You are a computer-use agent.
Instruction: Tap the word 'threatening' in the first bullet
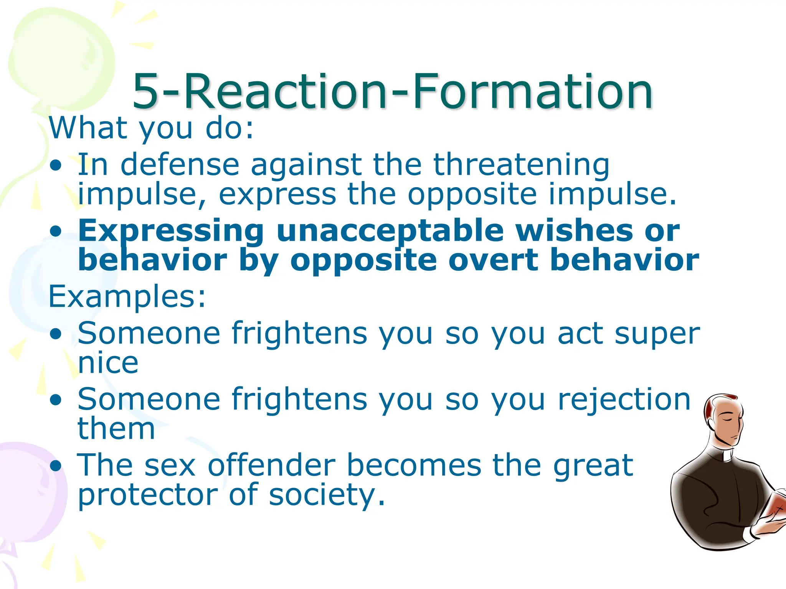click(521, 165)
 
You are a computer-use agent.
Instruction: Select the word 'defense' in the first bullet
click(180, 165)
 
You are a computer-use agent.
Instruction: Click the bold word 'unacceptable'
click(390, 231)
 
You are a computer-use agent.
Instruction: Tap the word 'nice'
click(108, 363)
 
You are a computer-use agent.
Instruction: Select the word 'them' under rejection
click(116, 429)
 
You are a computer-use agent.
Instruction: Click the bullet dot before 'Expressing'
click(56, 231)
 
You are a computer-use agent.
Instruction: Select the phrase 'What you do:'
click(151, 128)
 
